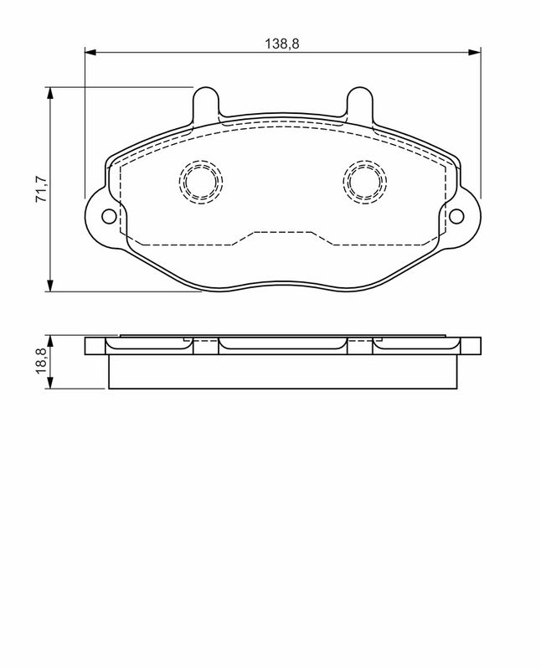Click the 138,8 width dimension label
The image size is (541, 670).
point(282,44)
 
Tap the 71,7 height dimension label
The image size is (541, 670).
point(42,189)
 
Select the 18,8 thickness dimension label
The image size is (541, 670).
point(42,361)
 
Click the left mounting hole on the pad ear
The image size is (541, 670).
point(109,217)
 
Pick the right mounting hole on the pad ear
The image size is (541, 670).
point(456,217)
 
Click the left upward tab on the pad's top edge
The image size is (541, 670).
point(206,101)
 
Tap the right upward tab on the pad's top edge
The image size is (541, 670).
point(360,101)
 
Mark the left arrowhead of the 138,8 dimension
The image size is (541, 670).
point(90,52)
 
